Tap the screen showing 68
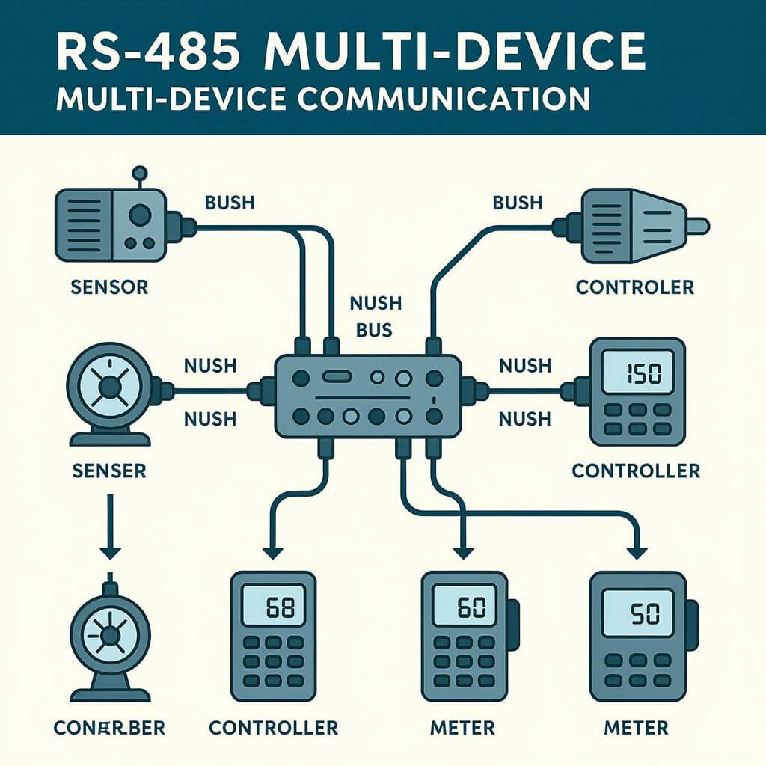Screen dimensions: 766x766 (x=274, y=607)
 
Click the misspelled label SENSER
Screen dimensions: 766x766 (x=108, y=471)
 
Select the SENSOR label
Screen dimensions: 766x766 (x=108, y=287)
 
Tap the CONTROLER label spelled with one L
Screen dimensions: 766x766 (x=635, y=287)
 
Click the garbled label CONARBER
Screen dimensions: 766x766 (x=109, y=727)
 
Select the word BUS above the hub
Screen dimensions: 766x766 (x=375, y=330)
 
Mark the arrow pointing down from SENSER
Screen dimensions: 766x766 (x=110, y=531)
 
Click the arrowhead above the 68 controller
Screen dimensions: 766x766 (x=272, y=553)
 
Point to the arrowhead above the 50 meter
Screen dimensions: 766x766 (x=637, y=553)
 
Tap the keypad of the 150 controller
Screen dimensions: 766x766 (x=636, y=419)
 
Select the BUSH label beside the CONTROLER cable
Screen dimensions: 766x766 (x=517, y=203)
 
